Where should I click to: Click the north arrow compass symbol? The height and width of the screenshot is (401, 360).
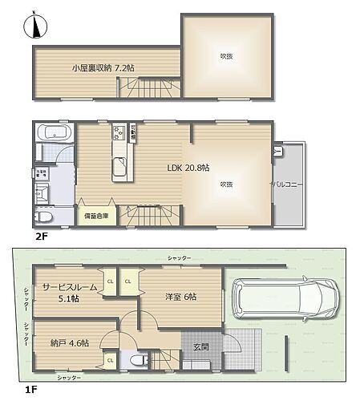pos(32,26)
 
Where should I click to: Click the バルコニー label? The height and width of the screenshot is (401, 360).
pos(285,184)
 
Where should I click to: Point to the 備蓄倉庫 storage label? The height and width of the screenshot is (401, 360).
pos(96,214)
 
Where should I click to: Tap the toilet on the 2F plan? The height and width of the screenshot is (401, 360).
pos(45,216)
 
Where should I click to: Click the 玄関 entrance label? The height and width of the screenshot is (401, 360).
pos(201,346)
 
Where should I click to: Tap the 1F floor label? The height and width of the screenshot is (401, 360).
pos(31,389)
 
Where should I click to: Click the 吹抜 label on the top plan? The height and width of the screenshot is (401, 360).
pos(227,55)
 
